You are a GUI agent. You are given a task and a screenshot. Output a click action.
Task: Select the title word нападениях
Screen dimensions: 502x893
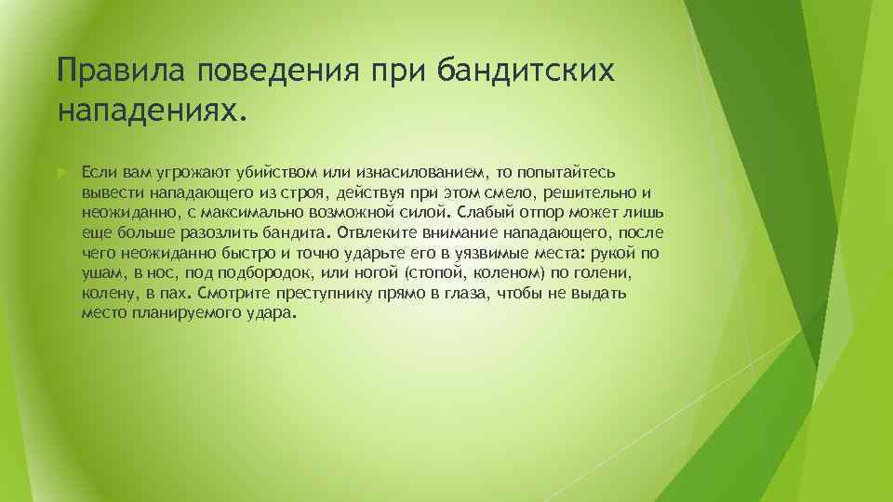[153, 112]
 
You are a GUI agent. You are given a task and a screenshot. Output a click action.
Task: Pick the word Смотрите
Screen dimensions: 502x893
[228, 293]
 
